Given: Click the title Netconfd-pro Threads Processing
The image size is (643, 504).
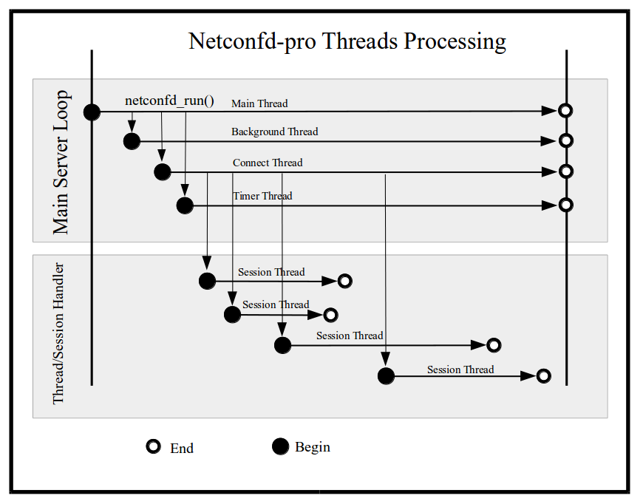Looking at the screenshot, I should point(347,41).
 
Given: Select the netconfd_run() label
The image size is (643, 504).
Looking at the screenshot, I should point(169,101).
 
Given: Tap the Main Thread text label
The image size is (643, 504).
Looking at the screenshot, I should point(259,103).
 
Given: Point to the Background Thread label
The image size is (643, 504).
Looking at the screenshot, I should point(274,132).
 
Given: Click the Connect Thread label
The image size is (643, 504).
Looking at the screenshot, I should point(268,163).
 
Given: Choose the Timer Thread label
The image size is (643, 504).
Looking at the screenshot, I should point(262,196).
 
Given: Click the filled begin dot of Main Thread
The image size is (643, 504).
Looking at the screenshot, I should point(92,112).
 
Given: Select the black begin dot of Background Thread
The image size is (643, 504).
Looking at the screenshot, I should point(132,141).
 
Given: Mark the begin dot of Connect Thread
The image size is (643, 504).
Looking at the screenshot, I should point(162,171).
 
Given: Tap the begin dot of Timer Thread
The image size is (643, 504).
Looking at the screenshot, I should point(185,205).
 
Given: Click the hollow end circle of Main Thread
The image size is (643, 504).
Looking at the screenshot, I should point(565,111).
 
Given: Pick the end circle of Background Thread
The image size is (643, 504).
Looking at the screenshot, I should point(565,140).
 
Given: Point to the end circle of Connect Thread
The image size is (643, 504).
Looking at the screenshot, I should point(565,171).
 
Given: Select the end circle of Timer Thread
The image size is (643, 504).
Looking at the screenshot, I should point(565,205).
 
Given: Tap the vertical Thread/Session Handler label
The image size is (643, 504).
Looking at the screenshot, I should point(59,333).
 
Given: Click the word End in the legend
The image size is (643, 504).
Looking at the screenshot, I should point(182,448).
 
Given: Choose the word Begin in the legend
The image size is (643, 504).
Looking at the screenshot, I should point(313,447).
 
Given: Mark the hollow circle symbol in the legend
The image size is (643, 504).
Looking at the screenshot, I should point(154,446).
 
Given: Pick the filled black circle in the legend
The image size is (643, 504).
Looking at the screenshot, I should point(280,446).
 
